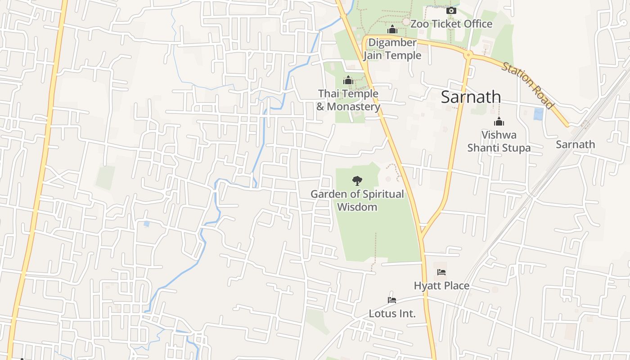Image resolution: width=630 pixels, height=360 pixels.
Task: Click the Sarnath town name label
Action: [x=471, y=97]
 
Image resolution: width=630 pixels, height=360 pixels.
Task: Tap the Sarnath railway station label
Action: [x=575, y=144]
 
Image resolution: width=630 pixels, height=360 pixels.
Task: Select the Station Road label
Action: [x=528, y=85]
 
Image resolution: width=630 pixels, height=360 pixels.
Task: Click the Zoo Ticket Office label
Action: [x=451, y=24]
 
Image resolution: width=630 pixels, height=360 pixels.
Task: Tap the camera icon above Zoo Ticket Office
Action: [x=451, y=10]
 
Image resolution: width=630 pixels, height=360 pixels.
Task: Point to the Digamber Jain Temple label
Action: [x=392, y=49]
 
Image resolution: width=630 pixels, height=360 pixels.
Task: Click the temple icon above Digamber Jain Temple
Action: [x=392, y=30]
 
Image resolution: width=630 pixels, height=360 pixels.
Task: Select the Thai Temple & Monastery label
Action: [x=348, y=100]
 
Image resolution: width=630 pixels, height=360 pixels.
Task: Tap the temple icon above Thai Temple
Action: [x=348, y=80]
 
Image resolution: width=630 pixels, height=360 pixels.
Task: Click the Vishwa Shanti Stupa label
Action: [x=499, y=141]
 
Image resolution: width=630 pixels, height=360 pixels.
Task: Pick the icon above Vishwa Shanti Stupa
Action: [x=499, y=121]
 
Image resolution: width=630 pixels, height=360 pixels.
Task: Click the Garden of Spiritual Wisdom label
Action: [x=357, y=201]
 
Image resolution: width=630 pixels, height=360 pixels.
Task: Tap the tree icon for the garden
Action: [x=357, y=181]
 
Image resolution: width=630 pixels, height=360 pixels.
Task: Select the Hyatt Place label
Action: [x=441, y=286]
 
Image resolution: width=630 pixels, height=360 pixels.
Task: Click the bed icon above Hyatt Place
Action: [x=441, y=272]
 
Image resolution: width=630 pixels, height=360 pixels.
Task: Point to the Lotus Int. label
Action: [x=392, y=314]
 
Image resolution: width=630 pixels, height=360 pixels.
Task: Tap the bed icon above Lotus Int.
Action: [x=392, y=300]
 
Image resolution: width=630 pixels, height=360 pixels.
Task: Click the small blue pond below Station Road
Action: [x=538, y=114]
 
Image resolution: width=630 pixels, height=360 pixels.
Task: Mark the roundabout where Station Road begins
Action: [x=468, y=55]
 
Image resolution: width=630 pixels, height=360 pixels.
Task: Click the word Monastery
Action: [x=353, y=107]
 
